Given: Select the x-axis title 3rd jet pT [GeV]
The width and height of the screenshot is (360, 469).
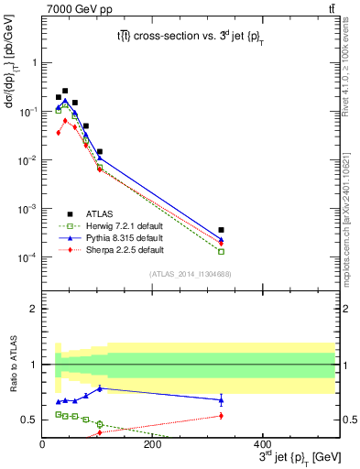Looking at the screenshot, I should (x=289, y=455).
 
